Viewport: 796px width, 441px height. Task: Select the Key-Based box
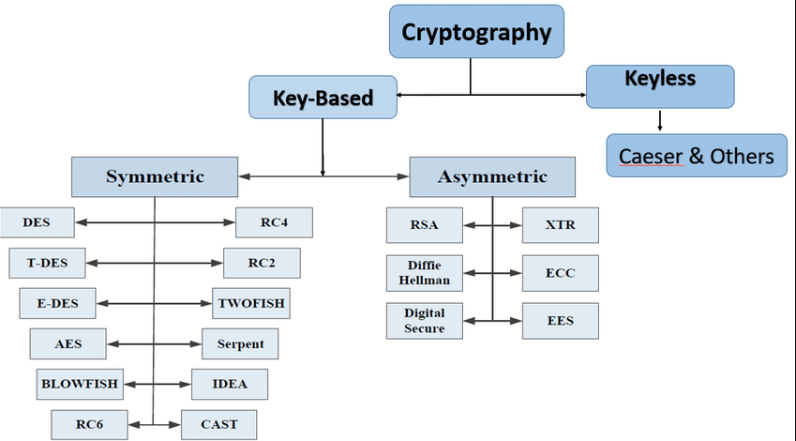pyautogui.click(x=323, y=98)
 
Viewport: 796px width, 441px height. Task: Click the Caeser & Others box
pyautogui.click(x=696, y=156)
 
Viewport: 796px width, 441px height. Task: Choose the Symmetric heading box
pyautogui.click(x=154, y=176)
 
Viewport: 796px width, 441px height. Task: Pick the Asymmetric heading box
pyautogui.click(x=492, y=176)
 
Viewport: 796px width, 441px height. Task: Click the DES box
pyautogui.click(x=38, y=222)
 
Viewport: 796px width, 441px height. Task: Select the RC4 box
pyautogui.click(x=274, y=222)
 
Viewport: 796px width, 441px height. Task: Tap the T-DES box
pyautogui.click(x=47, y=263)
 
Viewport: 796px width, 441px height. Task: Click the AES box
pyautogui.click(x=68, y=343)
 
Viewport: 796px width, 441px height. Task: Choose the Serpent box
pyautogui.click(x=240, y=343)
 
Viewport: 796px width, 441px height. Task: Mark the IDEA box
pyautogui.click(x=230, y=384)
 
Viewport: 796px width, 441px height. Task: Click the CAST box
pyautogui.click(x=218, y=424)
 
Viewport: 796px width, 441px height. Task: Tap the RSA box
pyautogui.click(x=424, y=225)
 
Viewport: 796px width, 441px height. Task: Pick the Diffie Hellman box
pyautogui.click(x=424, y=273)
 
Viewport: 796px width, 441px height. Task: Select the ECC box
pyautogui.click(x=560, y=273)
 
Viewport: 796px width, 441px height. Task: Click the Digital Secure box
pyautogui.click(x=424, y=320)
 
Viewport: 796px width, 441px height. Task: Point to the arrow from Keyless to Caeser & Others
pyautogui.click(x=660, y=120)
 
